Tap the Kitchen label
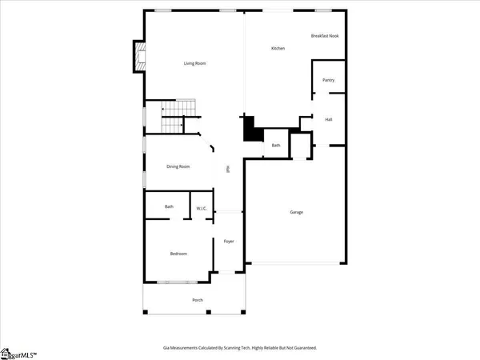point(278,49)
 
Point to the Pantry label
point(328,80)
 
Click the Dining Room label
point(178,166)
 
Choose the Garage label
point(296,212)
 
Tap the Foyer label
point(228,240)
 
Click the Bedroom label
point(178,254)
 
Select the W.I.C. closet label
point(202,208)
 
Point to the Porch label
point(197,300)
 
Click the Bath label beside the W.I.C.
point(169,207)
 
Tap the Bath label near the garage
point(275,145)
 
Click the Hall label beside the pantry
point(328,119)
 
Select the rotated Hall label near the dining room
point(229,169)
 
